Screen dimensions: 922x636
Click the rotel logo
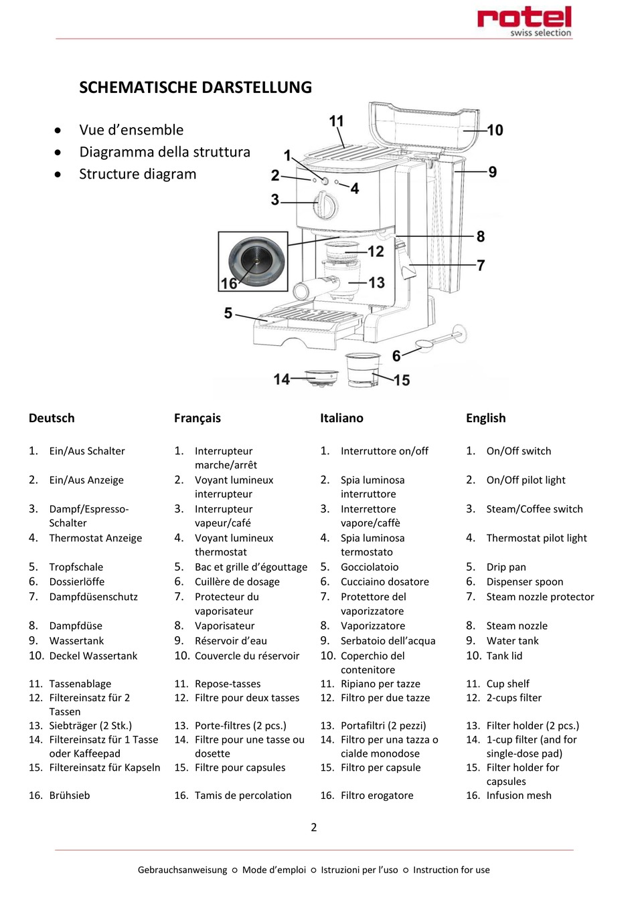(x=524, y=19)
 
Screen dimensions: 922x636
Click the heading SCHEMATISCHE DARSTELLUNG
(x=195, y=88)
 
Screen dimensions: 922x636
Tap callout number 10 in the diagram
(x=495, y=130)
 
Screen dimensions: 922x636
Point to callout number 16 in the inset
(x=229, y=283)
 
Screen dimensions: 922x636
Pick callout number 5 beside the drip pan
(x=228, y=313)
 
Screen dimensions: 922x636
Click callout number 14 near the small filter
(x=282, y=379)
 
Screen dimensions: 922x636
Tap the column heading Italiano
(x=341, y=418)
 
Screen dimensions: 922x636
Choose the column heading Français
(x=197, y=418)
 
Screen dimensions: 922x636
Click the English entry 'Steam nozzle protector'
(x=540, y=597)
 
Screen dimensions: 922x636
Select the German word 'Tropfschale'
(x=76, y=567)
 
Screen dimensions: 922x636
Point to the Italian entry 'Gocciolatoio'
(x=370, y=567)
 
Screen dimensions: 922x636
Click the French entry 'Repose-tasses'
(x=228, y=684)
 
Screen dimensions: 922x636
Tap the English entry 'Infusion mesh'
(x=519, y=796)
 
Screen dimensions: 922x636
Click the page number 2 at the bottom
(x=314, y=828)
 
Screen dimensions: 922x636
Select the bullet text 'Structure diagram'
(x=138, y=174)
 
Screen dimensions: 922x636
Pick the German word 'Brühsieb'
(x=70, y=796)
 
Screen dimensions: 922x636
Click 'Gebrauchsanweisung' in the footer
(x=182, y=870)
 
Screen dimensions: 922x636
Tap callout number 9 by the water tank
(x=493, y=172)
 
